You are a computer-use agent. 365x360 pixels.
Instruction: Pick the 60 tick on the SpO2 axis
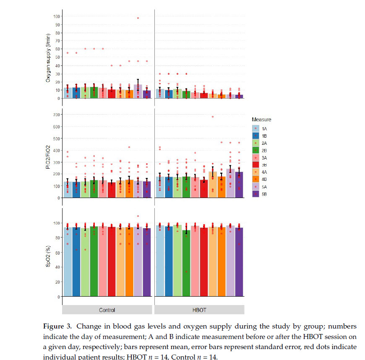(57, 252)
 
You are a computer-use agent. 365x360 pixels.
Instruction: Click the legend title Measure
(261, 120)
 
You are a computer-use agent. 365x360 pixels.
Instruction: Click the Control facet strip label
(107, 310)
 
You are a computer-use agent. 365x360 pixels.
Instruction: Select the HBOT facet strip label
(199, 310)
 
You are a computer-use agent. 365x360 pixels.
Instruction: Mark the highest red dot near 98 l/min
(138, 18)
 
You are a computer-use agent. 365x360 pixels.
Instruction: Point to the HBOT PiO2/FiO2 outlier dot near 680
(213, 117)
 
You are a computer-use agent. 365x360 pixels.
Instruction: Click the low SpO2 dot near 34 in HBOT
(186, 271)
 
